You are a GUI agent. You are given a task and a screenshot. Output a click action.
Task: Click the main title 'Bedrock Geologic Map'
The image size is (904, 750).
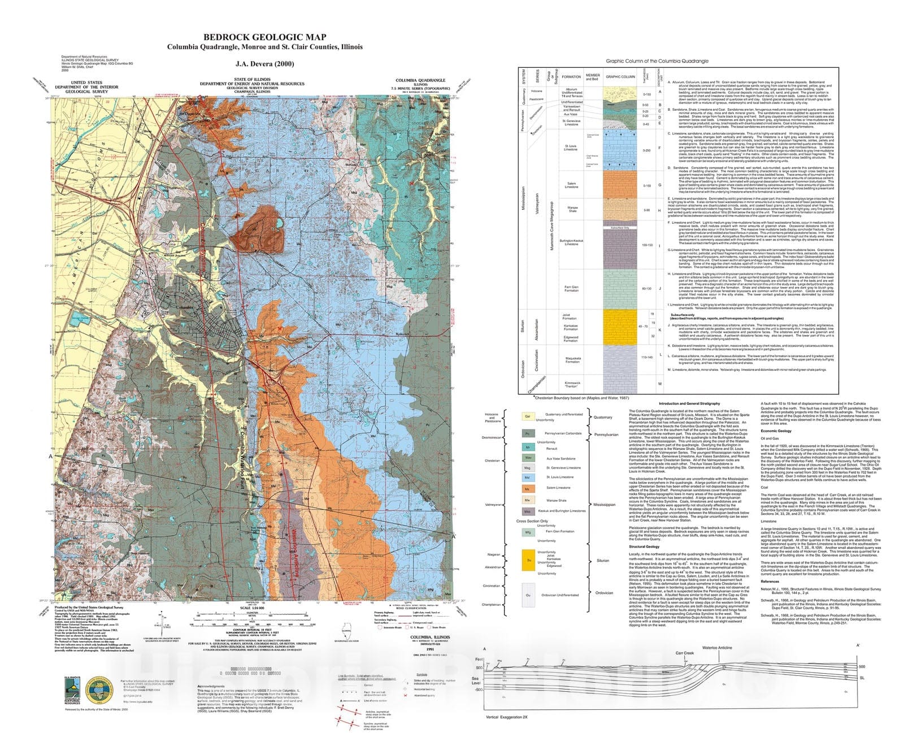(x=264, y=37)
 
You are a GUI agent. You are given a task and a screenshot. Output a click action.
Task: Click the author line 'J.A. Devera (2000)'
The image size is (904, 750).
(x=264, y=64)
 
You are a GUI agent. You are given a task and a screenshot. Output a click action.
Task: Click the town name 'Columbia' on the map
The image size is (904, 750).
(x=184, y=307)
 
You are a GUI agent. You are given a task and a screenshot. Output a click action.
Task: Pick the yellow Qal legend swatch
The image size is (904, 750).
(x=528, y=416)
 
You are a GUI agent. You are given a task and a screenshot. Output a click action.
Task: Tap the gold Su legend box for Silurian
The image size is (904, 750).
(x=528, y=560)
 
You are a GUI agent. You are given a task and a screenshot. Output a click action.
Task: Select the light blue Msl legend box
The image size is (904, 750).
(x=528, y=477)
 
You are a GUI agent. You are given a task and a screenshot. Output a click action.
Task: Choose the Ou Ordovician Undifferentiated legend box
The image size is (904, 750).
(x=528, y=595)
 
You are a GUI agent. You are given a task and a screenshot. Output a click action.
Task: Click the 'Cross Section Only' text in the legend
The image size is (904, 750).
(x=532, y=521)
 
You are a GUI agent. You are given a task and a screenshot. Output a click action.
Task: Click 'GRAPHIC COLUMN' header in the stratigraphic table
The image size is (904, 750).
(x=620, y=77)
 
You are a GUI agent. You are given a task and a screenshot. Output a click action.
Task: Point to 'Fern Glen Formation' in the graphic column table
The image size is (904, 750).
(x=571, y=289)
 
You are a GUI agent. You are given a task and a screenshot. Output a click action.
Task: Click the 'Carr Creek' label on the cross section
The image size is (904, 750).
(x=684, y=653)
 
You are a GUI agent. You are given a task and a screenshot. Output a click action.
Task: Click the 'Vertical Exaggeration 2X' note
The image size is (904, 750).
(x=506, y=717)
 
